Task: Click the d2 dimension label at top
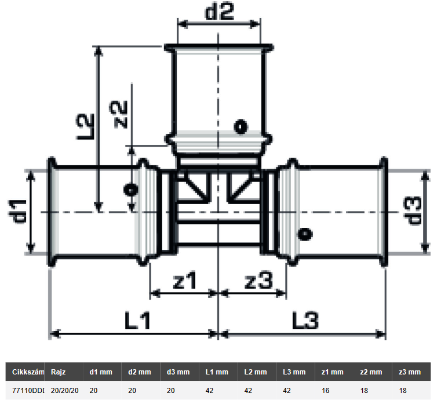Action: click(218, 12)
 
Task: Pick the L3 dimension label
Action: click(304, 320)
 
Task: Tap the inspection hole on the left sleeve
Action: click(132, 189)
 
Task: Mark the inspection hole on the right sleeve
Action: click(303, 234)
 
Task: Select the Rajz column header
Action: click(58, 372)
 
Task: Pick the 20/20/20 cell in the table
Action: click(65, 391)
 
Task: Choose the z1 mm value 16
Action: click(325, 391)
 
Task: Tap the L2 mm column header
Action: click(256, 372)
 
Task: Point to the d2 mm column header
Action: click(140, 372)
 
